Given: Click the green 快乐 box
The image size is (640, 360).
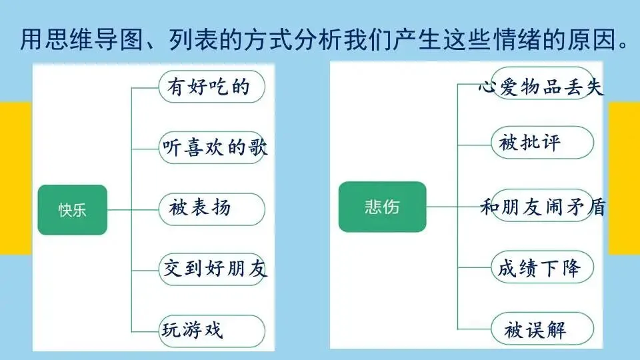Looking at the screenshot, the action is (x=72, y=210).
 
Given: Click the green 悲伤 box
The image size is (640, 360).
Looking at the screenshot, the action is (x=383, y=207).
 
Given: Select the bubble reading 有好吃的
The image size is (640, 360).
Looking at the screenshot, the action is (x=212, y=87).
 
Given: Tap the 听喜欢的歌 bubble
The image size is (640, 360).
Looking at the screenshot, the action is (x=212, y=147).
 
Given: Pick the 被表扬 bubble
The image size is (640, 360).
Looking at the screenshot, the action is (x=212, y=209).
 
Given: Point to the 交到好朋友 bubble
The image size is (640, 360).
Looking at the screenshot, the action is (x=212, y=269).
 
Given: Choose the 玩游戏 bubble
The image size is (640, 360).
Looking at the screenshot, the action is (x=212, y=331).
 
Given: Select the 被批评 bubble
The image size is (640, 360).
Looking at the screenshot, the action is (x=542, y=143).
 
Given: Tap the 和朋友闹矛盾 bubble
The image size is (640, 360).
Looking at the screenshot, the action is (x=542, y=206).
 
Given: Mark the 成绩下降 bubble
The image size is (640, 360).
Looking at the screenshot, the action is (x=542, y=267).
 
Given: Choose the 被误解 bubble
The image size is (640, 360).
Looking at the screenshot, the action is (x=542, y=329).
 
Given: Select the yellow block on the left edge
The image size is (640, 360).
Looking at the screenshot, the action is (x=16, y=178).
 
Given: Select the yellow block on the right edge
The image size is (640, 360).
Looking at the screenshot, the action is (x=624, y=178).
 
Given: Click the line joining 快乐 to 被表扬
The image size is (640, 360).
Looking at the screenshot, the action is (x=133, y=209).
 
